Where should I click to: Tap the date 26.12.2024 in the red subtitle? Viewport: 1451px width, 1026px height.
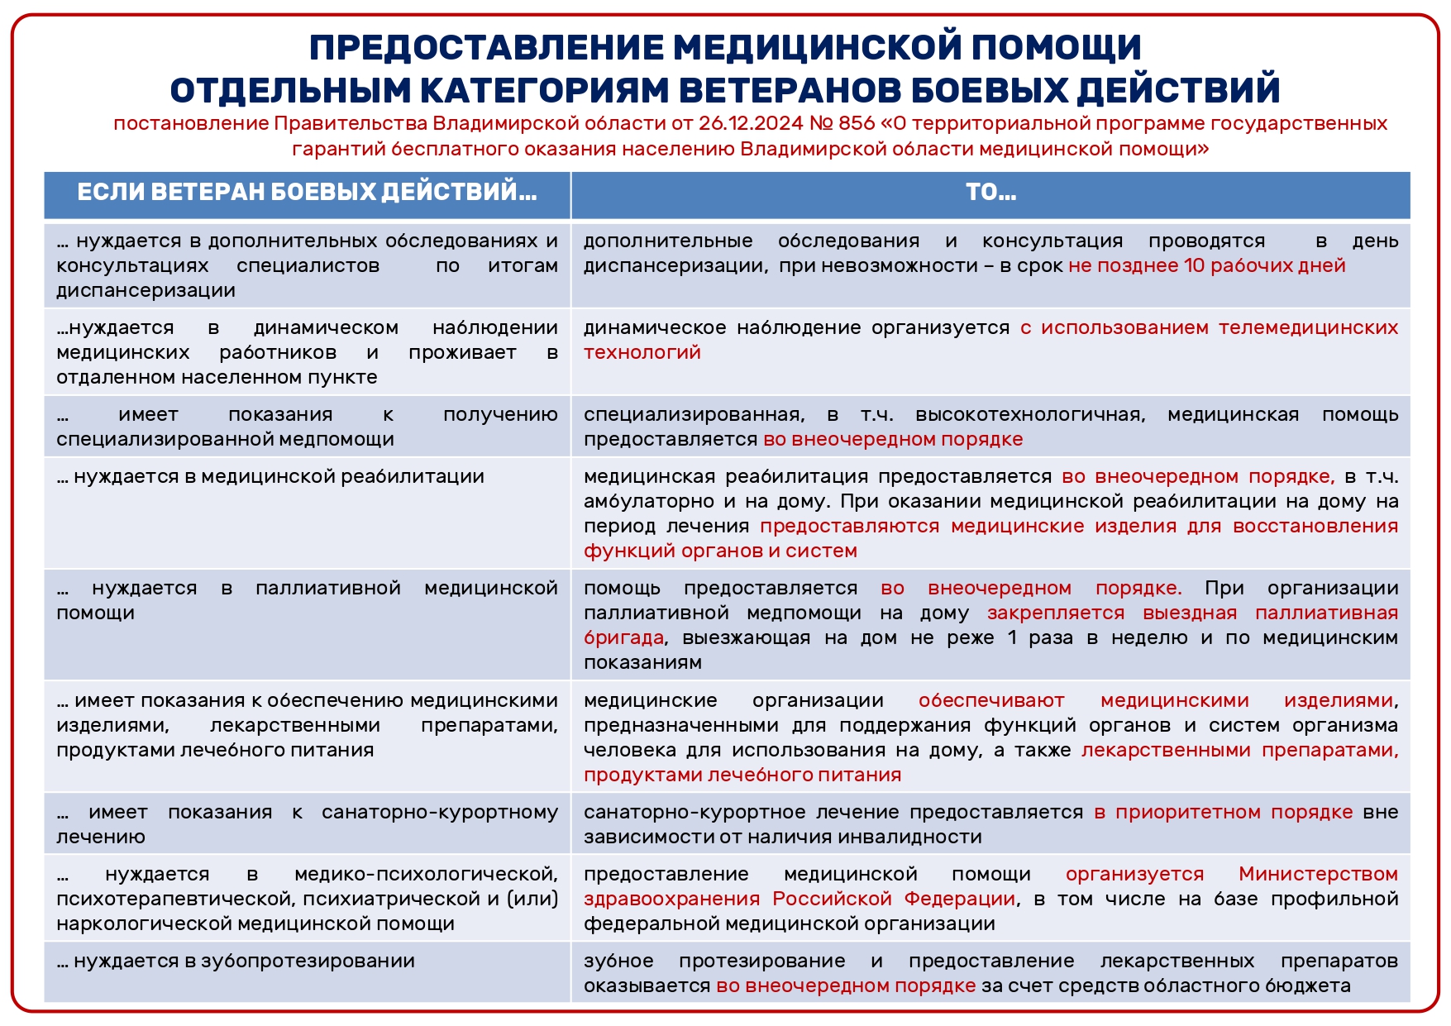(x=750, y=124)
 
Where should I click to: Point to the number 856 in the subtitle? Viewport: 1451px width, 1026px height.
(x=856, y=124)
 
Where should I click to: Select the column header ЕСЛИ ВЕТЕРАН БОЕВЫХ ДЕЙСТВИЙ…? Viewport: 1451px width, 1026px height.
(x=307, y=193)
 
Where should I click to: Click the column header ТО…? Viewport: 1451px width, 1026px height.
(x=990, y=193)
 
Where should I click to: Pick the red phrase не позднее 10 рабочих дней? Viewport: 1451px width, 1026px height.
(x=1206, y=266)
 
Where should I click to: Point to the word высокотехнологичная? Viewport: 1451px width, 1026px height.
(x=1030, y=415)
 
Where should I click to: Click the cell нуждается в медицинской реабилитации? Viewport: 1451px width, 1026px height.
(x=270, y=477)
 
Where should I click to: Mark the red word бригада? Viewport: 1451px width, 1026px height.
(x=623, y=638)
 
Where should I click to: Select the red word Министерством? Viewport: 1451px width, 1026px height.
(x=1318, y=875)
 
